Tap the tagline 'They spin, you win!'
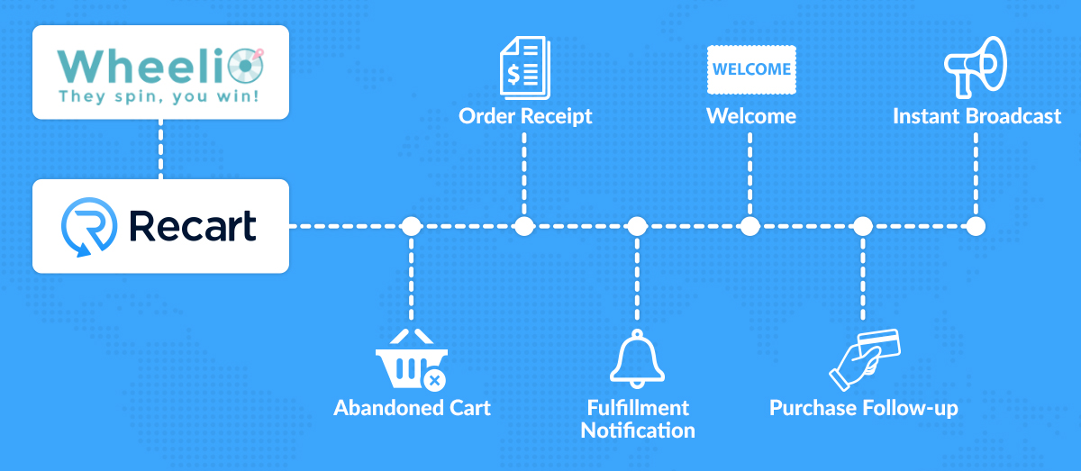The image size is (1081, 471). [x=159, y=95]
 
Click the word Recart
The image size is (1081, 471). [x=192, y=226]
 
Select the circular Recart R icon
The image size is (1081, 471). [x=87, y=227]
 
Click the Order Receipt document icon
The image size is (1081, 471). [x=525, y=66]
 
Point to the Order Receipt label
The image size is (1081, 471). [x=525, y=116]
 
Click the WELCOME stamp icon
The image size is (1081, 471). [x=751, y=68]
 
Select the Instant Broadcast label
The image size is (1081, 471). [x=977, y=116]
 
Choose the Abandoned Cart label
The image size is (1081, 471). [x=412, y=408]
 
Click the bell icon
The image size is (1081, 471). [x=637, y=358]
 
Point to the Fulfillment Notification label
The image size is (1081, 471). [x=637, y=419]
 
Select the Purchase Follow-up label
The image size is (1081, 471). [x=863, y=408]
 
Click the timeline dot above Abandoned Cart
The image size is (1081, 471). [x=412, y=226]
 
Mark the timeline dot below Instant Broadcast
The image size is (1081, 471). [x=975, y=226]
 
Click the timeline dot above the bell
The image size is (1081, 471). [x=637, y=226]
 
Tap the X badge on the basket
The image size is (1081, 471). [x=435, y=380]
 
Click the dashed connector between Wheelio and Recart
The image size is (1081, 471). [x=161, y=149]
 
